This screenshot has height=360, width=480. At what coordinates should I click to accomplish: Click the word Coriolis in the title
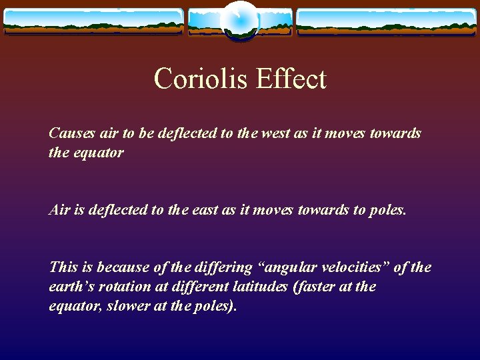[200, 78]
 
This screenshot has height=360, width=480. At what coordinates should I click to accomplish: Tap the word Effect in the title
[291, 78]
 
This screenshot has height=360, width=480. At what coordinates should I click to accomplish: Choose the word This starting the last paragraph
[63, 267]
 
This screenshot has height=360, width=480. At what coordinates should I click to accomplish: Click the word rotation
[125, 287]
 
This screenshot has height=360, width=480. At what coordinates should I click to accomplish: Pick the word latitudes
[260, 287]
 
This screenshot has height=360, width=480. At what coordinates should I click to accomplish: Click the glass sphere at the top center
[240, 21]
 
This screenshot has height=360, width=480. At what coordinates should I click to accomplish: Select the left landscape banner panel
[94, 22]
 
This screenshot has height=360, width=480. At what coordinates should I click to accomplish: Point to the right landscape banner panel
[387, 22]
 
